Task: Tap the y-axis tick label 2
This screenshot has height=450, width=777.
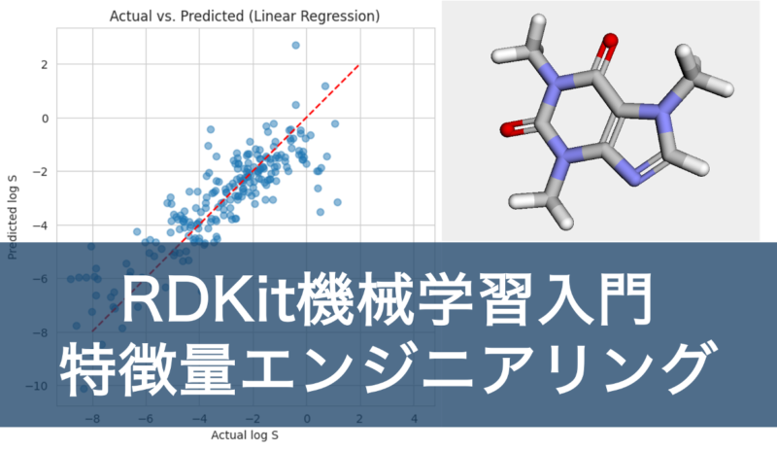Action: pyautogui.click(x=45, y=65)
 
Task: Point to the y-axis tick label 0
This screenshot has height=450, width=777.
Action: pyautogui.click(x=45, y=119)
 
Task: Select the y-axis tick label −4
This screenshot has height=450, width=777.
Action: pyautogui.click(x=40, y=225)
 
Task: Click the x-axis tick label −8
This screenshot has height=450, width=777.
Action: pyautogui.click(x=92, y=419)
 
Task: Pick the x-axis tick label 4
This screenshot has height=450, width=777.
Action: pyautogui.click(x=415, y=419)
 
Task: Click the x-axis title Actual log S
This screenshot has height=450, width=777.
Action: pyautogui.click(x=245, y=435)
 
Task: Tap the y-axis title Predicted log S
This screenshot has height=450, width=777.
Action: pyautogui.click(x=13, y=218)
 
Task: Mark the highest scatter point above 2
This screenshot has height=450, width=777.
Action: pyautogui.click(x=296, y=45)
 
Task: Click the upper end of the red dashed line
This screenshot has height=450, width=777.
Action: pyautogui.click(x=358, y=64)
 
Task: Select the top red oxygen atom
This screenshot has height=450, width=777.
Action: pyautogui.click(x=610, y=40)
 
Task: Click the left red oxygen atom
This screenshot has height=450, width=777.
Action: pyautogui.click(x=508, y=129)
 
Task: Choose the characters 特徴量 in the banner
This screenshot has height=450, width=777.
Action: pyautogui.click(x=148, y=368)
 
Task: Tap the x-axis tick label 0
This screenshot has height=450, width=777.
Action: pyautogui.click(x=307, y=419)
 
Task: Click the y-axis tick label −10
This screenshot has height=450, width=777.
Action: pyautogui.click(x=37, y=387)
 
